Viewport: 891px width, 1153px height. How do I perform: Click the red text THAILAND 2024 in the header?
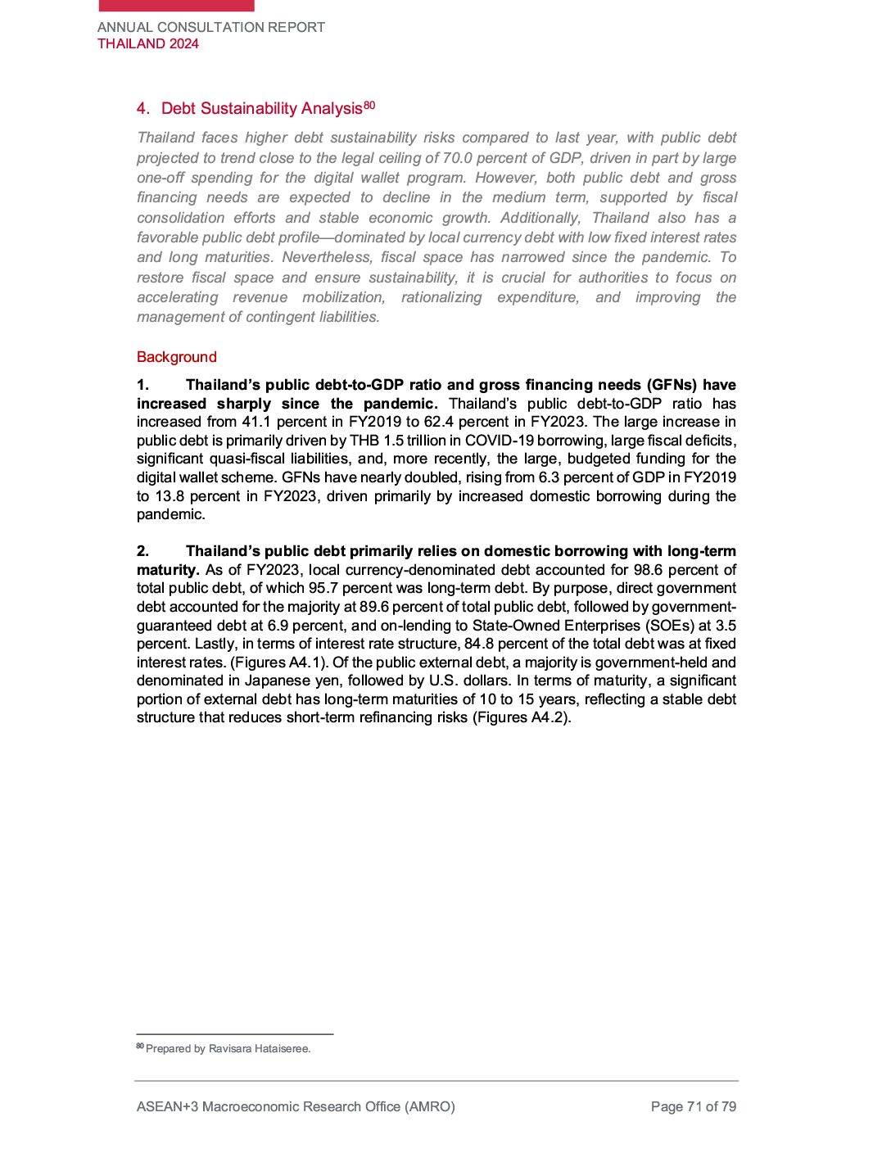[x=148, y=44]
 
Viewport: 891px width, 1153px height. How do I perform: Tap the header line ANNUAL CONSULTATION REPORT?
[x=211, y=27]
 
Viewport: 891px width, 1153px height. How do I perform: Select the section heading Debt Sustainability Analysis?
[x=261, y=109]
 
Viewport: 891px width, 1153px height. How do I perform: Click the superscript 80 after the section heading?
[x=369, y=106]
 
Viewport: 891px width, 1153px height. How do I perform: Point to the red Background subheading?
[x=177, y=357]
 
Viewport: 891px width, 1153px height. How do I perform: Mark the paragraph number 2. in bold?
[x=143, y=551]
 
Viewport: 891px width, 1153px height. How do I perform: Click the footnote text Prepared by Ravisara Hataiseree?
[x=228, y=1049]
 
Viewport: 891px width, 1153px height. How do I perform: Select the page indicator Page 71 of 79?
[x=694, y=1107]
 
